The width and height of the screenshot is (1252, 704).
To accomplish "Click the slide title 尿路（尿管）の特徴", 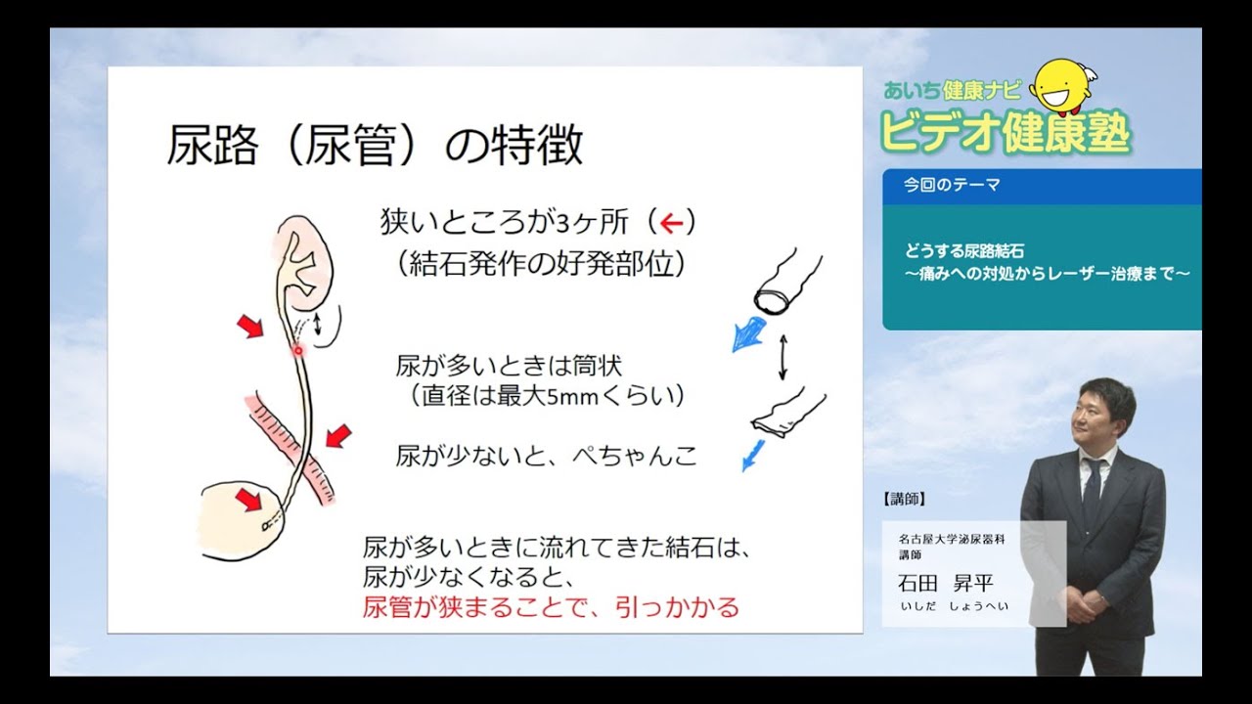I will click(x=375, y=146).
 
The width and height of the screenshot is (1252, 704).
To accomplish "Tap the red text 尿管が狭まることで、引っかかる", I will click(x=551, y=606).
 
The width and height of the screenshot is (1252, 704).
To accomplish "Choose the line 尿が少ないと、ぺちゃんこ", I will click(x=546, y=455).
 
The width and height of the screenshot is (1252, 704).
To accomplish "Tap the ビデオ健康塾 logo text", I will click(x=1006, y=131).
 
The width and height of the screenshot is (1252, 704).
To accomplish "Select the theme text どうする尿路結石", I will click(x=964, y=251).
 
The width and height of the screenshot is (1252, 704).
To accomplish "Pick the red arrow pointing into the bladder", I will click(x=249, y=501).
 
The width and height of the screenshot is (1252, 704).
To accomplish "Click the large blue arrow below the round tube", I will click(x=751, y=334).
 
